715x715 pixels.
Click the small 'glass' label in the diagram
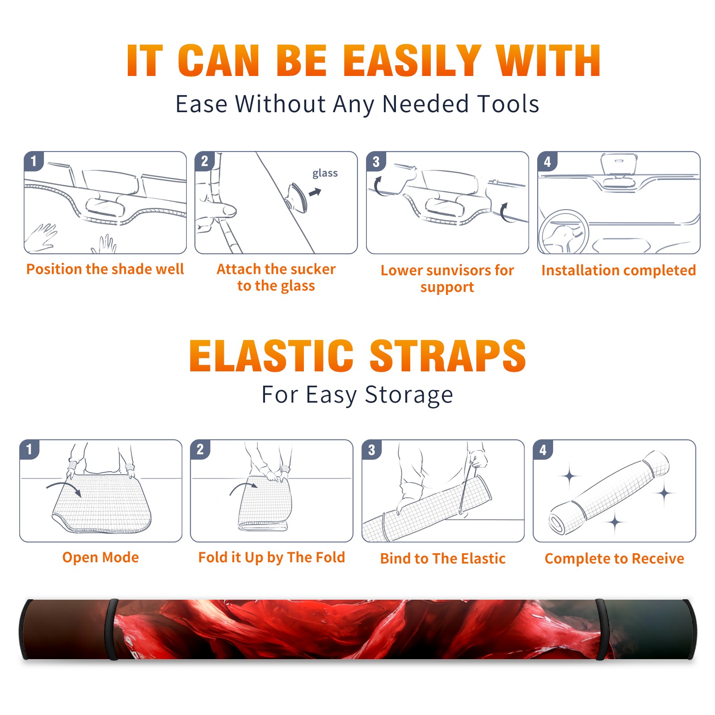click(x=325, y=173)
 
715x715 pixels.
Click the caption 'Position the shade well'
click(x=105, y=269)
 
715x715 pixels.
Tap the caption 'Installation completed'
click(x=618, y=270)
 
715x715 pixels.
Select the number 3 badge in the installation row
click(x=376, y=162)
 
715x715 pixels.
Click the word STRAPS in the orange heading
click(x=448, y=356)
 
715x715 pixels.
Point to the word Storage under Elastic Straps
click(x=409, y=395)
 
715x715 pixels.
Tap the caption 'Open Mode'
click(x=101, y=558)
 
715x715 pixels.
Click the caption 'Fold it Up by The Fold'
click(x=272, y=558)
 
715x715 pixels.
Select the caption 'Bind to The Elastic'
click(x=443, y=559)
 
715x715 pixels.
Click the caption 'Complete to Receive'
click(x=614, y=559)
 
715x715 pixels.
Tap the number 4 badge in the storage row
click(x=543, y=450)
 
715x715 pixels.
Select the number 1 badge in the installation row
click(x=34, y=161)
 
